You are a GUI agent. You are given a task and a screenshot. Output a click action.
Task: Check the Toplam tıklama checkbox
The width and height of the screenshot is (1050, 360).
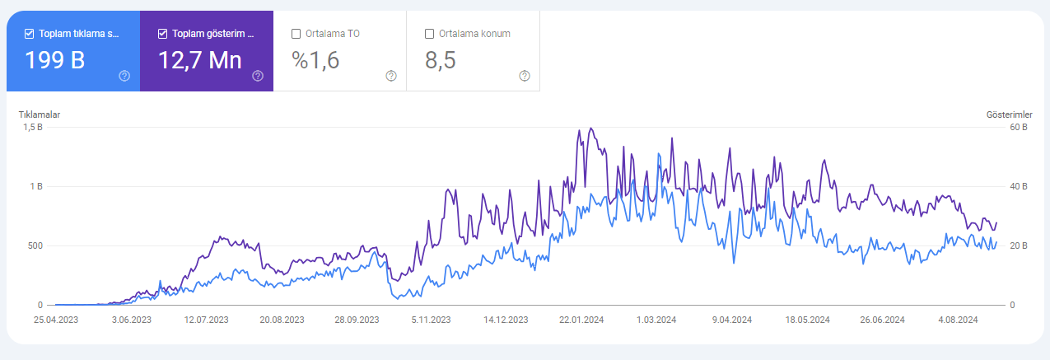tap(29, 34)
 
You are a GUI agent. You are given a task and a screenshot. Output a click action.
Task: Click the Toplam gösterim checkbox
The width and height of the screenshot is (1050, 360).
tap(163, 34)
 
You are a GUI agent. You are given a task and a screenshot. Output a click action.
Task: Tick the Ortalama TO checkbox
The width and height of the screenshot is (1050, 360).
tap(296, 34)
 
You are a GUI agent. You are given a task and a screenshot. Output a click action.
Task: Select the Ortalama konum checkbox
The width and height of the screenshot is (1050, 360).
tap(429, 34)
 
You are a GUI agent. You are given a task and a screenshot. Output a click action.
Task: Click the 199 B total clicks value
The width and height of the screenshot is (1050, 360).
tap(55, 60)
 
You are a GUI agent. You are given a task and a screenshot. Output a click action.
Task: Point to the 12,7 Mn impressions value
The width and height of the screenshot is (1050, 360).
tap(200, 60)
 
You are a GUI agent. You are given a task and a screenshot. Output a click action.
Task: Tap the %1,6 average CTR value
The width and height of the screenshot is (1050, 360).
tap(315, 60)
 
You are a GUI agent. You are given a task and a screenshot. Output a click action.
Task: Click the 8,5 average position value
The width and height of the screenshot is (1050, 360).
tap(441, 60)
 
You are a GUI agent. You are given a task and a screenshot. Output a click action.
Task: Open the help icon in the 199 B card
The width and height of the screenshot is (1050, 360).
tap(124, 76)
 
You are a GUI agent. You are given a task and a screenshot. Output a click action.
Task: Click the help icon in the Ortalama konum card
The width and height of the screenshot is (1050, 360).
tap(525, 76)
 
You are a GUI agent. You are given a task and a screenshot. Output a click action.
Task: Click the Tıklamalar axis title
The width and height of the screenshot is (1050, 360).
tap(40, 115)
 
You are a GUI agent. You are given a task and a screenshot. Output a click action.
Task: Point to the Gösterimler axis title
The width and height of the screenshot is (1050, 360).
tap(1009, 115)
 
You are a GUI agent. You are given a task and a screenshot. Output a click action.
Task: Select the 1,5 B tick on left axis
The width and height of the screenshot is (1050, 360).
tap(33, 128)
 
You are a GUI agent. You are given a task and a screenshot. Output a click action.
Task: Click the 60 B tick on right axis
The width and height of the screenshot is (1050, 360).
tap(1019, 128)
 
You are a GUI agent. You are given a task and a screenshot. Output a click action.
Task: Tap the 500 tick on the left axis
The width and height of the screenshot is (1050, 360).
tap(35, 246)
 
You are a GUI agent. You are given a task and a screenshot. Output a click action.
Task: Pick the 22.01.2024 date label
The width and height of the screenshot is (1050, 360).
tap(581, 320)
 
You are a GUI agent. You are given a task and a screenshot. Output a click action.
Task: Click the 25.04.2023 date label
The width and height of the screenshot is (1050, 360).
tap(56, 320)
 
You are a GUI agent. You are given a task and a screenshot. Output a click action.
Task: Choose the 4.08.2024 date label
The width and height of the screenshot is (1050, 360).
tap(958, 320)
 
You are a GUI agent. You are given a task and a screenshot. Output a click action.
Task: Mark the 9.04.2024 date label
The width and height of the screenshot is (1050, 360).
tap(732, 320)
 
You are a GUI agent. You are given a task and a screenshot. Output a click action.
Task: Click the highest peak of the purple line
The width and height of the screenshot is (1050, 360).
tap(591, 128)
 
